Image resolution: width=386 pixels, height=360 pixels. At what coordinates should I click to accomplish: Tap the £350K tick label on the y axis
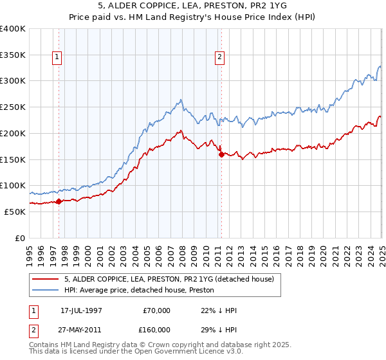(x=13, y=55)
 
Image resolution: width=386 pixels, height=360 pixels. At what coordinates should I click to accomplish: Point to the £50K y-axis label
(x=15, y=212)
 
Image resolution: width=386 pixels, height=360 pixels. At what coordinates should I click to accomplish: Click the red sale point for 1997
(x=59, y=201)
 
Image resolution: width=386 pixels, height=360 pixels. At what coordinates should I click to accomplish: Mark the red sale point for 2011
(x=221, y=154)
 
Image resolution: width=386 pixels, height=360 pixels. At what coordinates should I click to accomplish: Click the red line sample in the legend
(x=45, y=279)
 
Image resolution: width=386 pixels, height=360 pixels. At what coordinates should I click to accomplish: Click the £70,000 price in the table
(x=156, y=310)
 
